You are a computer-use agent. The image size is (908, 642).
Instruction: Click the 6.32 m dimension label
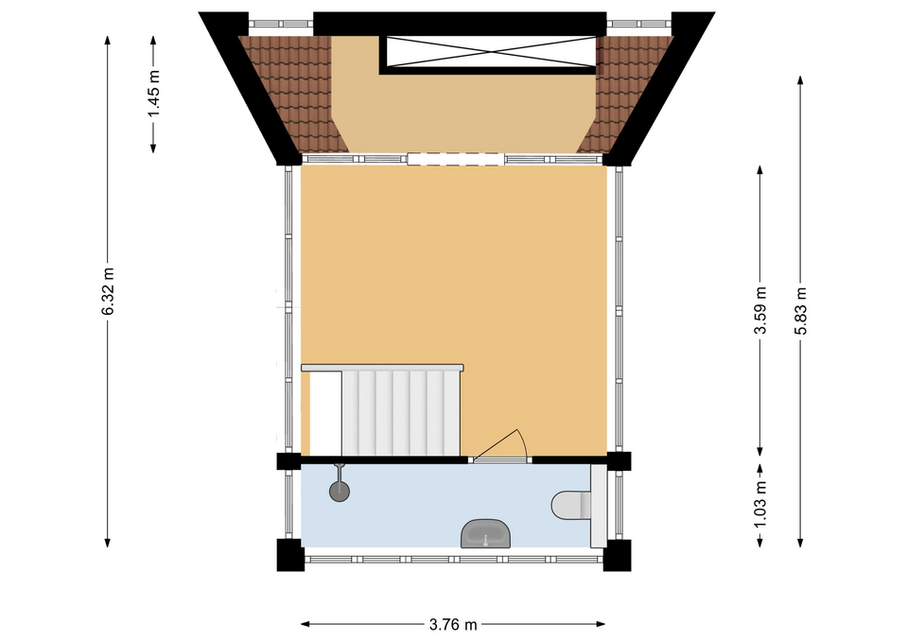[108, 291]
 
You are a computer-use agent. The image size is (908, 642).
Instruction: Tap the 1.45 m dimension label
[154, 94]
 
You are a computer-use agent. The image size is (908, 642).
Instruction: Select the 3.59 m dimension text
[760, 310]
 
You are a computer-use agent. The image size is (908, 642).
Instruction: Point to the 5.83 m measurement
[801, 311]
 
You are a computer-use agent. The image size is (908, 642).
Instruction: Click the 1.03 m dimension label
[760, 504]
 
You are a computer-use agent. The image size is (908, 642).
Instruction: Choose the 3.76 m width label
[453, 625]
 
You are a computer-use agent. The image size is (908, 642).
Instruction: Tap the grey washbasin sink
[486, 533]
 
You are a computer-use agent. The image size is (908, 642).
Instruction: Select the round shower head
[340, 492]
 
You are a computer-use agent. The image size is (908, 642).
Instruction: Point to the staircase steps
[401, 413]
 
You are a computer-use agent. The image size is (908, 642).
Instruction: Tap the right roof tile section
[628, 93]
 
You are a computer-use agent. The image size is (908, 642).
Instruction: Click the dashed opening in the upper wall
[455, 159]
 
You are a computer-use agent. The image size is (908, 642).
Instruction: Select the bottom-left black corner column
[290, 555]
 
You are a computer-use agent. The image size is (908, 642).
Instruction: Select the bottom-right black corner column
[618, 555]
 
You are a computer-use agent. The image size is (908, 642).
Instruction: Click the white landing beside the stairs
[325, 413]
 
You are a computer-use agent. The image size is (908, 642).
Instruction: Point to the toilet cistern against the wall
[598, 506]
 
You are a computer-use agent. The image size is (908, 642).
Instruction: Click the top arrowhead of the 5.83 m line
[801, 79]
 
